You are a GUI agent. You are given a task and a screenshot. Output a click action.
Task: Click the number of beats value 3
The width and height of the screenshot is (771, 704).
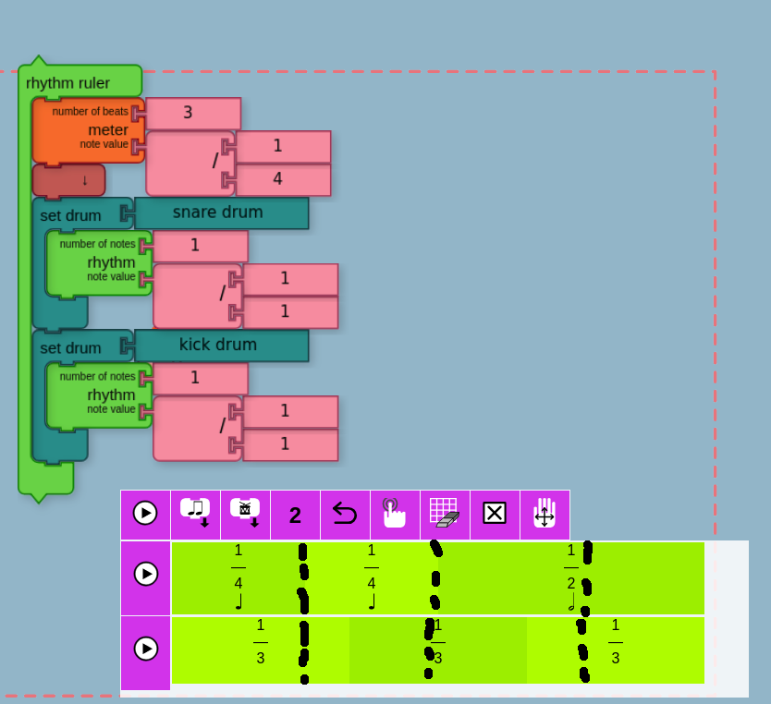(x=192, y=113)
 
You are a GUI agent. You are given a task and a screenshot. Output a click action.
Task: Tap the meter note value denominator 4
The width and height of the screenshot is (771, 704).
(x=282, y=179)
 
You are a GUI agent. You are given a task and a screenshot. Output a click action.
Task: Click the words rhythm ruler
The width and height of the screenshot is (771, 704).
(x=68, y=83)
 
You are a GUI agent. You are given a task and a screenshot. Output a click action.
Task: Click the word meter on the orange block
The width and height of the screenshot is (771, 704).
(x=108, y=130)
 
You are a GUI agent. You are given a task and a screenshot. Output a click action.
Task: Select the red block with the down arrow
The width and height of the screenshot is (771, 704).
(x=69, y=179)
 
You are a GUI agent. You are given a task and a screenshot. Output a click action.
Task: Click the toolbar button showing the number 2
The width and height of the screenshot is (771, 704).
(x=295, y=515)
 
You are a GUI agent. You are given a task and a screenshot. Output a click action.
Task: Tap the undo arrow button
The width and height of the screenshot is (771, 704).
(x=345, y=514)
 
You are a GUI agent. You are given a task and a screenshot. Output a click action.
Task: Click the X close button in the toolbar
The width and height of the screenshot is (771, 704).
(x=495, y=514)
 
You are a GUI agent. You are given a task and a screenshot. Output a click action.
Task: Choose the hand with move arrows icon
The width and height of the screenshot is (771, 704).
(x=545, y=514)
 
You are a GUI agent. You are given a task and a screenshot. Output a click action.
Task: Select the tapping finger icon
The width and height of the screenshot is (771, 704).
(x=395, y=514)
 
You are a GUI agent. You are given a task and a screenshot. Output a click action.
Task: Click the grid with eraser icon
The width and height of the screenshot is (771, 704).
(x=445, y=514)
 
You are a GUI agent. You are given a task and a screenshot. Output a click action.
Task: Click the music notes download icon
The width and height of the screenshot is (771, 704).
(x=196, y=514)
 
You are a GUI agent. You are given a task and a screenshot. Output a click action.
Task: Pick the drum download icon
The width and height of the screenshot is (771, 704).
(x=245, y=514)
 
